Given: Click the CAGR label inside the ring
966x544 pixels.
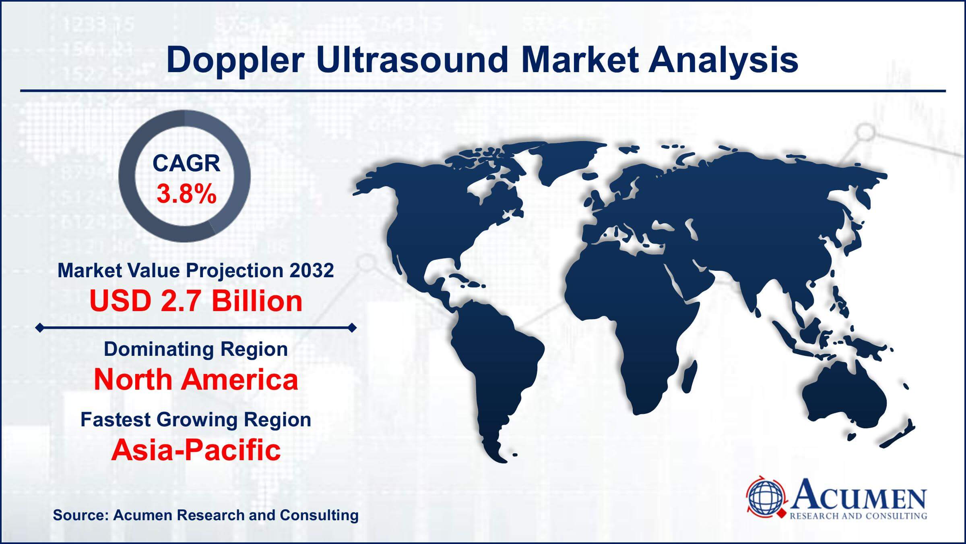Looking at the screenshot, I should pos(186,164).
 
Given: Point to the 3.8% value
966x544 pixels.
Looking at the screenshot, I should pos(186,194).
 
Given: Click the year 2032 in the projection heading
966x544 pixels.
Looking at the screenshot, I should pos(311,270).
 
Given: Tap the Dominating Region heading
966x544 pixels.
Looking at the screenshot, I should pos(196,349).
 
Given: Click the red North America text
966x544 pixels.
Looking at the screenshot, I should pos(196,380).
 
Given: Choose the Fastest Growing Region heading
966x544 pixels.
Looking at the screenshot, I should pos(196,419).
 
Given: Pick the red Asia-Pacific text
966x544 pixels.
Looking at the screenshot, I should pos(196,450).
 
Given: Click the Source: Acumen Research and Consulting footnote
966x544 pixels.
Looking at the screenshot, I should pos(205,515).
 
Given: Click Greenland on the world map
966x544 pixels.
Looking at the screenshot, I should pos(563,161).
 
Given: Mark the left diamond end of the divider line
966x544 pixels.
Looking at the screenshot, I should pos(39,328).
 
